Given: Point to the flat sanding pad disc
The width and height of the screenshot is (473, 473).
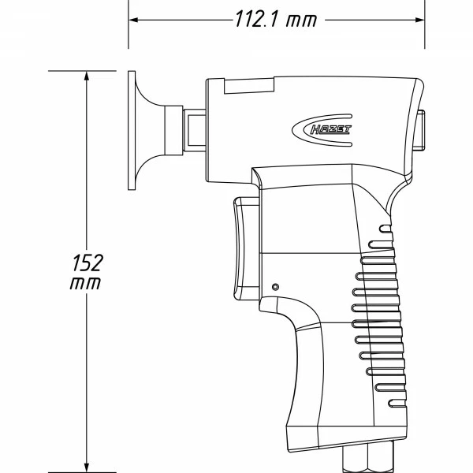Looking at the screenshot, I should (132, 130).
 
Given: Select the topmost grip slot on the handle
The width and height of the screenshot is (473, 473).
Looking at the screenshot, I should (385, 230).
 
